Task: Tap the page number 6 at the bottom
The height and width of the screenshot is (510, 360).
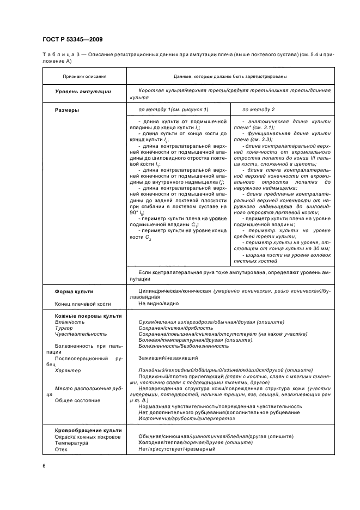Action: (x=44, y=465)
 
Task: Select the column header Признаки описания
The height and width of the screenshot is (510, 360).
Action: (x=84, y=77)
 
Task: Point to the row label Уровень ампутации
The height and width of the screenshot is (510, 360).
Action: (x=83, y=92)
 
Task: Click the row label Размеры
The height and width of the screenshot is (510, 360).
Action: (x=66, y=110)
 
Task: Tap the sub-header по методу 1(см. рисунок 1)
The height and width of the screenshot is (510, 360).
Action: (x=166, y=110)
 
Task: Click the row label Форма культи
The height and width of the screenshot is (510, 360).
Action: (x=74, y=292)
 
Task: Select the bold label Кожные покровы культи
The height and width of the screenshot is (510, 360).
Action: (x=88, y=316)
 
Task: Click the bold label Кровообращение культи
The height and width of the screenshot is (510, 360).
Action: (x=88, y=430)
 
